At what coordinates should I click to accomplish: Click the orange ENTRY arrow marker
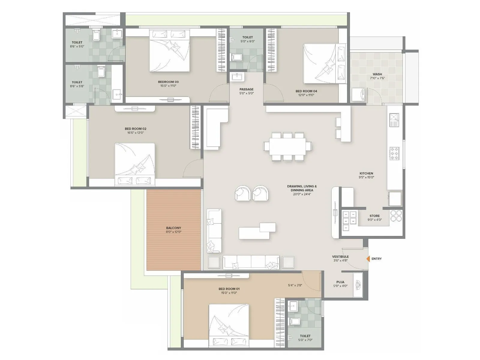[x=368, y=259]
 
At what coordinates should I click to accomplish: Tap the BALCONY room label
[x=174, y=228]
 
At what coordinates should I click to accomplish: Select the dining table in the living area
[x=287, y=146]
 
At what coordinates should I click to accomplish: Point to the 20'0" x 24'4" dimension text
[x=302, y=194]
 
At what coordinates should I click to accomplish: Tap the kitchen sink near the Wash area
[x=394, y=120]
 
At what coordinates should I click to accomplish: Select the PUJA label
[x=340, y=282]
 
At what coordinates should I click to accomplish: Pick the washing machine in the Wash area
[x=358, y=94]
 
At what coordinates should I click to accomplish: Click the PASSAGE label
[x=246, y=89]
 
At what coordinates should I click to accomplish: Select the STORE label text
[x=374, y=216]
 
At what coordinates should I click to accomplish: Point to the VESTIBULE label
[x=340, y=256]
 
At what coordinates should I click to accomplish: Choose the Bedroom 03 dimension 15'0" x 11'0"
[x=168, y=86]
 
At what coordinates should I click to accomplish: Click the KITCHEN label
[x=366, y=173]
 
